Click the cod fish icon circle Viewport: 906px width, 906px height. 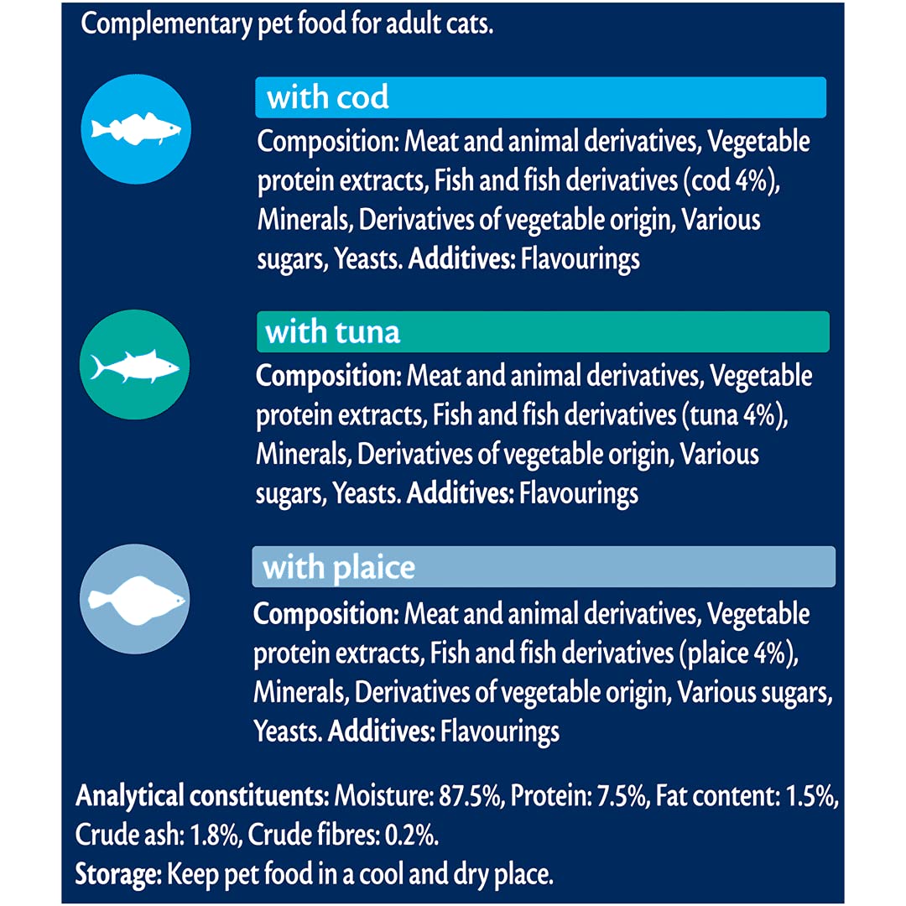point(137,129)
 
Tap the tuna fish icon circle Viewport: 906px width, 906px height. point(135,366)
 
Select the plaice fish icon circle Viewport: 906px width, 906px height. point(135,599)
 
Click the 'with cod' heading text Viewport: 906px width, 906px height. point(328,98)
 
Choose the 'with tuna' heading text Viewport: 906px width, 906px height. point(333,332)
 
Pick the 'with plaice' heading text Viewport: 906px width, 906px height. point(339,568)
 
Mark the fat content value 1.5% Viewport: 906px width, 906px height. point(810,795)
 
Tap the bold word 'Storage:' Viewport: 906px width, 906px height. point(117,875)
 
